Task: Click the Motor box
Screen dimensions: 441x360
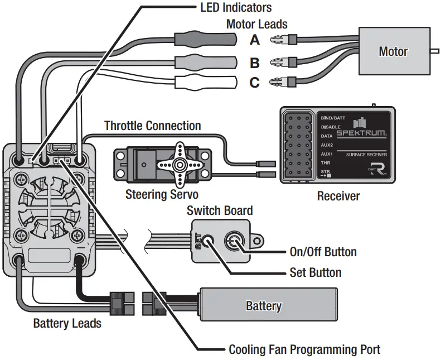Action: [x=394, y=51]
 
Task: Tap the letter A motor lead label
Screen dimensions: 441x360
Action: [x=255, y=40]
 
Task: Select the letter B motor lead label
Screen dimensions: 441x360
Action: [x=255, y=63]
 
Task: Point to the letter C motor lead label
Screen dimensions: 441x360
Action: [x=255, y=83]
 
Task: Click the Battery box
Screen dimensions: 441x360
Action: [x=269, y=304]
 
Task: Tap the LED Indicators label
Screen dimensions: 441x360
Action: [x=236, y=8]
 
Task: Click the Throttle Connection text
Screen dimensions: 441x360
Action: [x=152, y=126]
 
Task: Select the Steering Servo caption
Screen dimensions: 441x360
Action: [x=162, y=194]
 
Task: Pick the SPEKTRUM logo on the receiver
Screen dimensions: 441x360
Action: [x=361, y=133]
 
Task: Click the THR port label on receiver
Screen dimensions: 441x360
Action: [x=326, y=162]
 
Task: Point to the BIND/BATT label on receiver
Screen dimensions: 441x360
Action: [x=333, y=118]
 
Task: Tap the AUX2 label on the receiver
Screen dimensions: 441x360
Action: [x=327, y=145]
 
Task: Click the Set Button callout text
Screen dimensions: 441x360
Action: [x=316, y=272]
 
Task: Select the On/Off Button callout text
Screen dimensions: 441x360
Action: [x=323, y=252]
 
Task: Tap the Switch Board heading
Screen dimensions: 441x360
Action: [x=220, y=210]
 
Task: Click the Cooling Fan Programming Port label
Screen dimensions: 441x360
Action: [x=304, y=349]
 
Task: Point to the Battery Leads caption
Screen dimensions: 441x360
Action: [x=67, y=323]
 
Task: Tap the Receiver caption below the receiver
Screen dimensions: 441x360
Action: [x=338, y=196]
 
